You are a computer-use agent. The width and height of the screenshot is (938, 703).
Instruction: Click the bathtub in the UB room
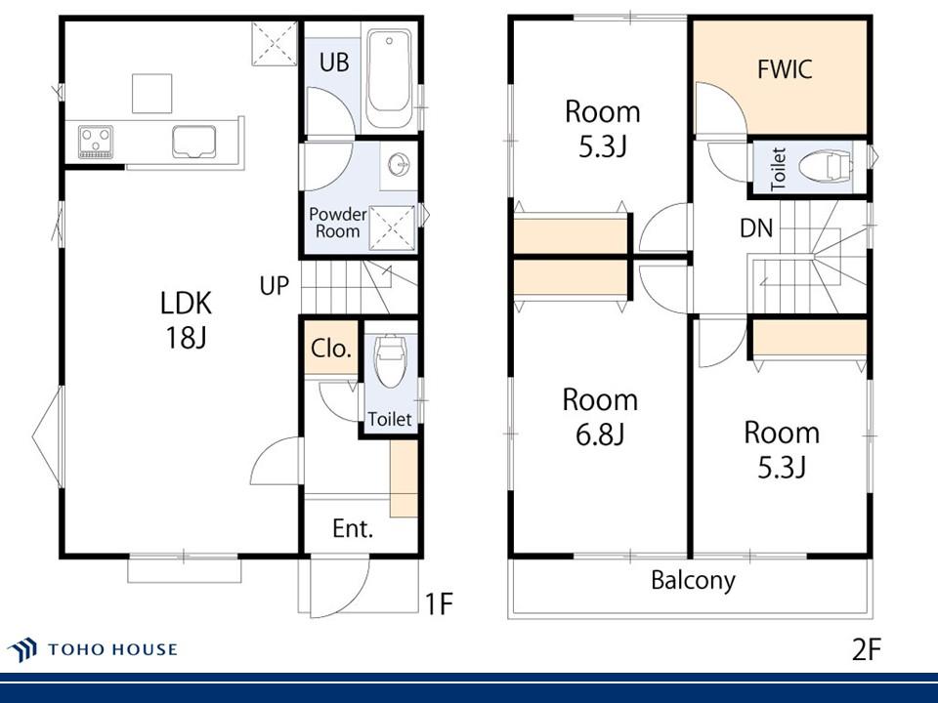click(389, 78)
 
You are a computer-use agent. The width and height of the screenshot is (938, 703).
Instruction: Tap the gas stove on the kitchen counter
click(96, 142)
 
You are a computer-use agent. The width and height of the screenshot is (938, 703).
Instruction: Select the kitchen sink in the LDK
click(193, 142)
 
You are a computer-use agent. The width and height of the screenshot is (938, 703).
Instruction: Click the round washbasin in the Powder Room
click(399, 161)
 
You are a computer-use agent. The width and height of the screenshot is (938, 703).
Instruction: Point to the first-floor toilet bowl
click(390, 360)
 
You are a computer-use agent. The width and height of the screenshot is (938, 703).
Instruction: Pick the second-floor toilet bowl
click(825, 166)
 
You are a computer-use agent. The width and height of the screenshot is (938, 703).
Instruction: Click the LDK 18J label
click(186, 320)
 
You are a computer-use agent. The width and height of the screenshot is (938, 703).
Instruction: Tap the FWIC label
click(785, 69)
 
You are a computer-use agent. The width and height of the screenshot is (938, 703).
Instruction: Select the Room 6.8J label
click(600, 417)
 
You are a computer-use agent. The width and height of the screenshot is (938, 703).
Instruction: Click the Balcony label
click(694, 580)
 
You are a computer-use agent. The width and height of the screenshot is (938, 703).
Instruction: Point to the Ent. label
click(353, 528)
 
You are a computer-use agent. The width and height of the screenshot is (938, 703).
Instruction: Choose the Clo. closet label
click(331, 348)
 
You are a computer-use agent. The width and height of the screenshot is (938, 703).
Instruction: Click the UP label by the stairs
click(275, 286)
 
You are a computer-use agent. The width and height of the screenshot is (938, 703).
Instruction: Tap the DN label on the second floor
click(756, 227)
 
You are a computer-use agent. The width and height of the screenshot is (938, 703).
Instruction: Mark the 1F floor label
click(439, 603)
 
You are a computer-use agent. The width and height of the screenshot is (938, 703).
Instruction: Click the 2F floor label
click(867, 648)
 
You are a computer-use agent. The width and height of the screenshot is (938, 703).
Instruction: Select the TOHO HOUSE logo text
click(112, 649)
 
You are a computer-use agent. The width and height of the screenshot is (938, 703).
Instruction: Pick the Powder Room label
click(337, 223)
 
